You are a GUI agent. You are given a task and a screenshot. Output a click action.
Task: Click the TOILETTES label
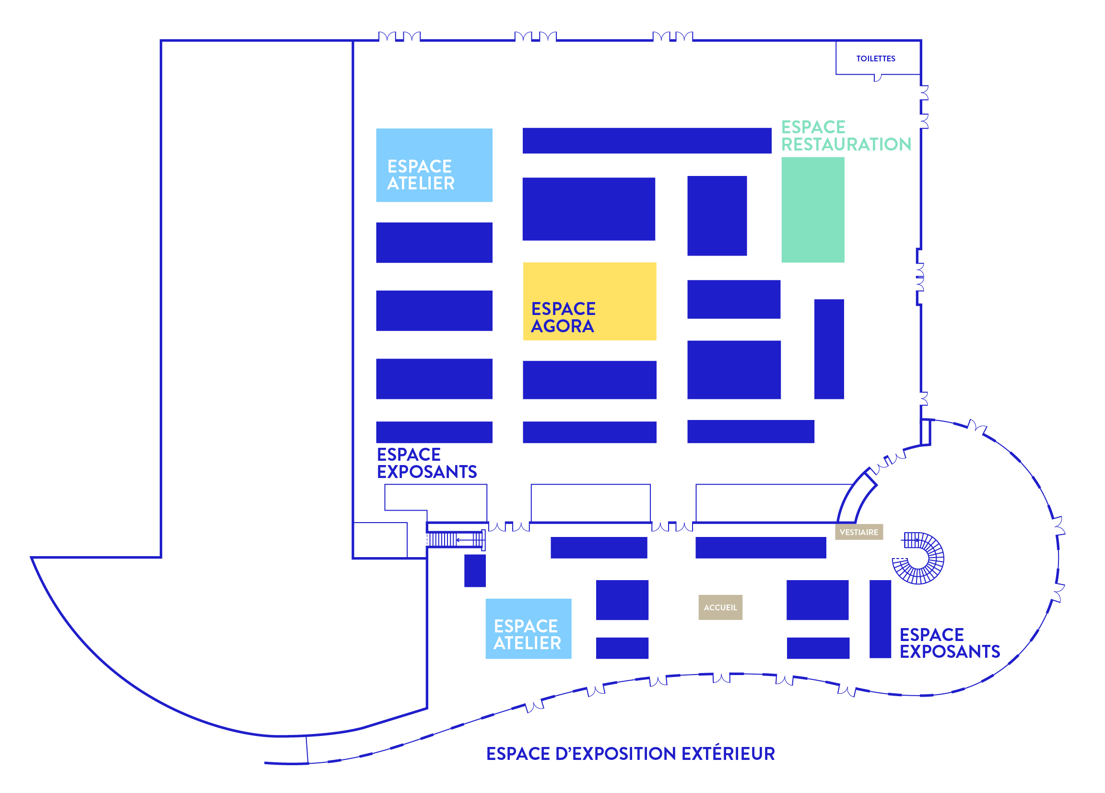tap(876, 59)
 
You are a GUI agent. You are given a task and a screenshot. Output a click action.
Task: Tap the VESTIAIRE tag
tap(858, 532)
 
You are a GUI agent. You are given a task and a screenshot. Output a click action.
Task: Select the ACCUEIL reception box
tap(720, 607)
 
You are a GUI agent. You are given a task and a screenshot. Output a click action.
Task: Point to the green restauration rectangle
tap(812, 210)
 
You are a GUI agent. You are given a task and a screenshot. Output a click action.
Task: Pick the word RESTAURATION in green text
tap(846, 145)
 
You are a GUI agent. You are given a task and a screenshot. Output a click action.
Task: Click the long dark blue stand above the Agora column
tap(647, 141)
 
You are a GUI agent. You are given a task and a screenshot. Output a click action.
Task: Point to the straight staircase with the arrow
tap(456, 540)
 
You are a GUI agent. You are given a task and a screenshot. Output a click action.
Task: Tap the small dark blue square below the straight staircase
tap(474, 571)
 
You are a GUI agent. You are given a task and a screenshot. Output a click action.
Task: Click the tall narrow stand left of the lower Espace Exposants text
tap(880, 618)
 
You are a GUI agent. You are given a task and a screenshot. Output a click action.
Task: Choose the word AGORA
tap(562, 327)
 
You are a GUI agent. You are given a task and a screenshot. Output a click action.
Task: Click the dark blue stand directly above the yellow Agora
tap(588, 209)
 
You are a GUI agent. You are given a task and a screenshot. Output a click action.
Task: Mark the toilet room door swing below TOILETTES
tap(878, 78)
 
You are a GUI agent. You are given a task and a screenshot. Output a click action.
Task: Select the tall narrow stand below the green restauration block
tap(829, 349)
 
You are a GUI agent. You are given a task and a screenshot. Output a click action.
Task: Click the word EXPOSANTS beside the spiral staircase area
tap(950, 652)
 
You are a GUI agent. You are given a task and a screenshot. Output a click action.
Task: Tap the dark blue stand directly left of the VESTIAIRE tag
tap(761, 548)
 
